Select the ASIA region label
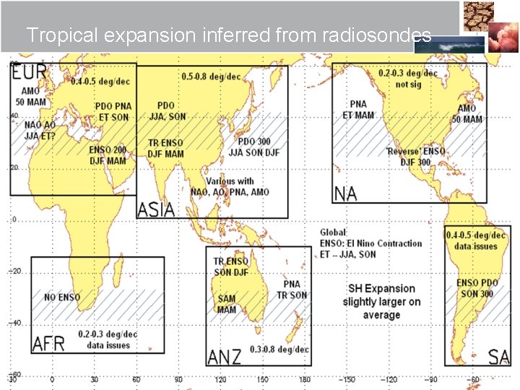[156, 209]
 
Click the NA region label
[345, 194]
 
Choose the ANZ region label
[225, 357]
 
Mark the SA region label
[498, 357]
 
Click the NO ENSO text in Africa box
[62, 298]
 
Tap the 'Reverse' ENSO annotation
[415, 152]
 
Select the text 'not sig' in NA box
[408, 84]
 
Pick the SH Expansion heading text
[381, 288]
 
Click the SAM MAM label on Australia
[227, 304]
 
